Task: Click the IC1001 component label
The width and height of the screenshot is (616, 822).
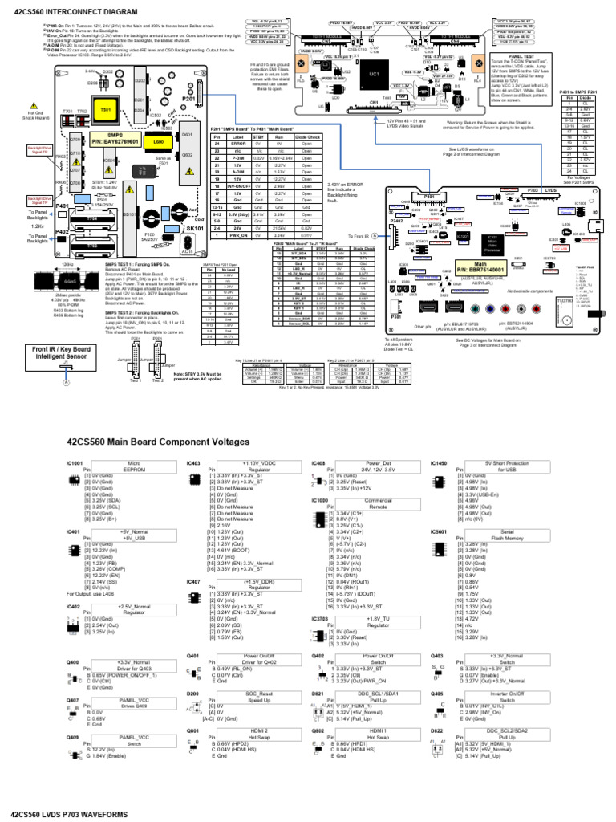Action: [x=75, y=464]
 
